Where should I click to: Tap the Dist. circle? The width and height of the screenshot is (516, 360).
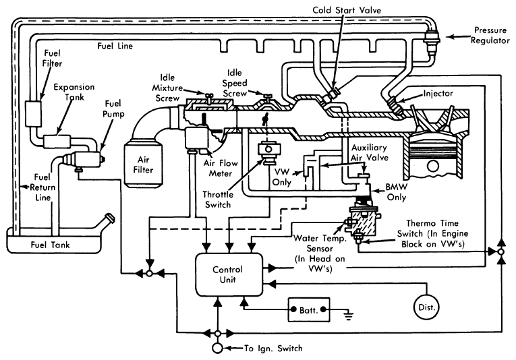coord(427,307)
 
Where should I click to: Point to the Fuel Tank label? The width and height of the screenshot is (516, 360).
coord(51,245)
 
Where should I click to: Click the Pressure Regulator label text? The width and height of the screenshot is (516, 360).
coord(490,35)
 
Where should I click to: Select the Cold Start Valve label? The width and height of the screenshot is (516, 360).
coord(347,10)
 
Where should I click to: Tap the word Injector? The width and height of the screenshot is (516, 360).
coord(438,93)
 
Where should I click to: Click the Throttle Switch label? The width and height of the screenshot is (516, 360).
coord(217,200)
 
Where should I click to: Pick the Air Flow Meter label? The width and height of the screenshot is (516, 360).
coord(220,168)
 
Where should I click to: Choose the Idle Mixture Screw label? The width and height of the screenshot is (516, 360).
coord(167,88)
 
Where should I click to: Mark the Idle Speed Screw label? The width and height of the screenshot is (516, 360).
coord(234,83)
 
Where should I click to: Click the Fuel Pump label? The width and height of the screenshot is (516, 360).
coord(113,109)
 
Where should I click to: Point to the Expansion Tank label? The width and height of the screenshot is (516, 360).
coord(74,92)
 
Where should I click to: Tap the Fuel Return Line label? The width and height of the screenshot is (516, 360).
coord(42,187)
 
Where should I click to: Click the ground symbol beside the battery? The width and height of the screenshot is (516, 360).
coord(348,315)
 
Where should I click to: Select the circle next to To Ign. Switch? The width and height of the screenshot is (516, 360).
coord(217,348)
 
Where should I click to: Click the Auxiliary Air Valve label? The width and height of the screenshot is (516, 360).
coord(369,152)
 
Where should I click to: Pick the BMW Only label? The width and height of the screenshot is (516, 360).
coord(396,192)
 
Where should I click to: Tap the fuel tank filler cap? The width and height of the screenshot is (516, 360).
coord(109,218)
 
